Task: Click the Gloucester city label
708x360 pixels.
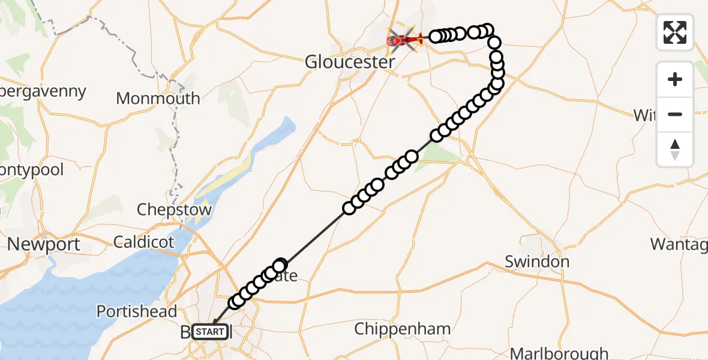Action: coord(350,62)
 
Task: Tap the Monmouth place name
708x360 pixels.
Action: coord(158,98)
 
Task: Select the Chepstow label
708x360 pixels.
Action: coord(174,210)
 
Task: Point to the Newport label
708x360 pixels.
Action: coord(44,245)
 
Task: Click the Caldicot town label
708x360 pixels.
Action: coord(144,242)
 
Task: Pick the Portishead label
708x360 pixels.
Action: coord(137,311)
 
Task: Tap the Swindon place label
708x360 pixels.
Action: coord(537,262)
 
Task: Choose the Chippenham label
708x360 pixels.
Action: coord(403,329)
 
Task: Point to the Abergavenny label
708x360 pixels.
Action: coord(42,92)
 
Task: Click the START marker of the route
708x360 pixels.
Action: coord(211,331)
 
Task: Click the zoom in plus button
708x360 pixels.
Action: coord(675,79)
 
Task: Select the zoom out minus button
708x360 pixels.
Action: coord(675,114)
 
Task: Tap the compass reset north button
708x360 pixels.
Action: coord(675,149)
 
